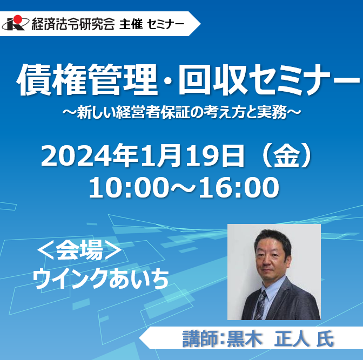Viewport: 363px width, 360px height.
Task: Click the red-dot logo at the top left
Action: point(16,23)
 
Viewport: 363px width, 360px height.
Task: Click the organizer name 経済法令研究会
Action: point(73,24)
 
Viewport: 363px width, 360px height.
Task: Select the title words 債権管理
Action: point(87,79)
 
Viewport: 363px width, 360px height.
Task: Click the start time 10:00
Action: point(129,187)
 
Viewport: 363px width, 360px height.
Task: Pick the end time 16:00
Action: point(239,187)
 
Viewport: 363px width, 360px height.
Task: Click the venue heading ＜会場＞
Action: point(79,250)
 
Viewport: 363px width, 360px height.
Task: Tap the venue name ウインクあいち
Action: point(100,279)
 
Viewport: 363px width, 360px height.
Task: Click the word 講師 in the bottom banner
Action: point(199,339)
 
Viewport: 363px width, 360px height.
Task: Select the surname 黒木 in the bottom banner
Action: point(245,339)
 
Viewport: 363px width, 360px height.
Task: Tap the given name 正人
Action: point(292,339)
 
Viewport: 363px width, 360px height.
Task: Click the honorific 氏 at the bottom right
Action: point(325,339)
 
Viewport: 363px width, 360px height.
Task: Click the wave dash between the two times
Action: point(184,188)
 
